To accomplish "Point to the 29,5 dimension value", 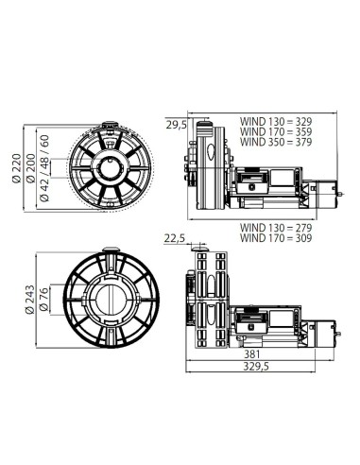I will click(175, 123).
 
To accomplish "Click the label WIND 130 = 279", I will click(275, 227).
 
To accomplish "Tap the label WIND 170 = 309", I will click(275, 237).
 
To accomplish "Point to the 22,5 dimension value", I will click(174, 239).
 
